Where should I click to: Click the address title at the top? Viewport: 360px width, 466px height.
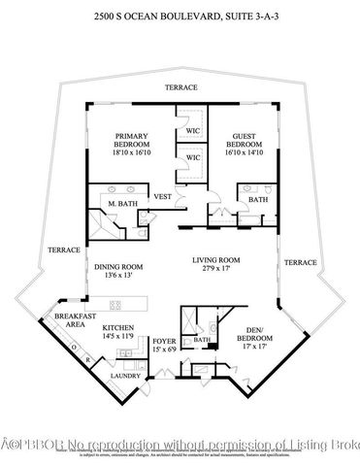point(180,17)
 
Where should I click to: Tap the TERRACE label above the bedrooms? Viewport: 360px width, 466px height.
point(180,87)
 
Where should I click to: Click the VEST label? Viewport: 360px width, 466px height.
point(162,196)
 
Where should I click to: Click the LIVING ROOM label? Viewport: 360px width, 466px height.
point(215,260)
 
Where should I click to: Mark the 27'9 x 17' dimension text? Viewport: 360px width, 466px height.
point(215,269)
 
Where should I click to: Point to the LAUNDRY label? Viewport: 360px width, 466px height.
point(124,376)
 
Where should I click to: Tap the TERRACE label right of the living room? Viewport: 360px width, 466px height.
point(301,262)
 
